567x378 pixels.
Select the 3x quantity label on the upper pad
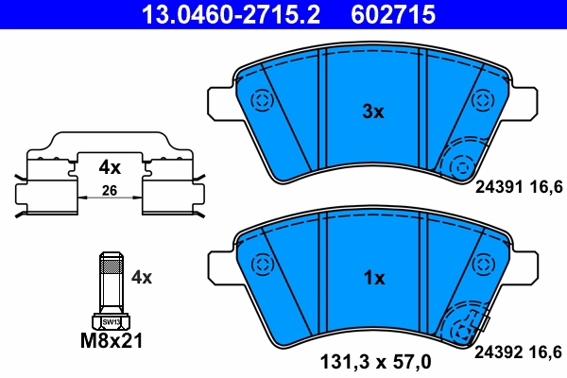(x=374, y=112)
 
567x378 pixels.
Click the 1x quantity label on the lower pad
(x=374, y=279)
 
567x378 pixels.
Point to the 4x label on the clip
(x=111, y=168)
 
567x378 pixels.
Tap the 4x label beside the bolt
(x=142, y=278)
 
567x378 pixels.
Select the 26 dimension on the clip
(x=111, y=193)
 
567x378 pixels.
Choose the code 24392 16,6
(x=520, y=352)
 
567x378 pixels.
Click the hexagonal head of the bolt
(x=111, y=320)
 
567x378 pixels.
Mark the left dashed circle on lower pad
(x=261, y=266)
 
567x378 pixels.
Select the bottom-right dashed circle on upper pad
(x=460, y=166)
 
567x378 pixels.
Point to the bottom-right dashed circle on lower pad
(x=460, y=333)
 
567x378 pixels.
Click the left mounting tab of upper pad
(x=219, y=101)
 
